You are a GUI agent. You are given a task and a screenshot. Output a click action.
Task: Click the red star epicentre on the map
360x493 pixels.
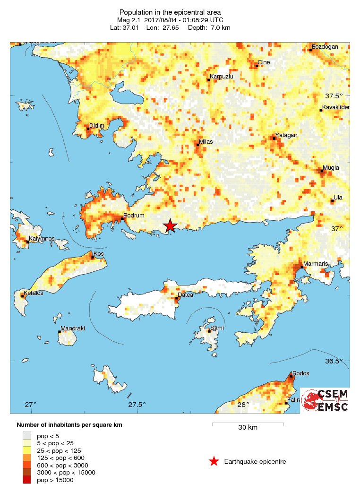pyautogui.click(x=170, y=226)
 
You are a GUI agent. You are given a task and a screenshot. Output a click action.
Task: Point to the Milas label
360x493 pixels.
pyautogui.click(x=206, y=141)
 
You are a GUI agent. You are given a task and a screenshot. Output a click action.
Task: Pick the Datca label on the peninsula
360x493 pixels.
pyautogui.click(x=185, y=295)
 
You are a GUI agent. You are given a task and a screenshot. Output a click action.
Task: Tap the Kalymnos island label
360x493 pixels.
pyautogui.click(x=41, y=239)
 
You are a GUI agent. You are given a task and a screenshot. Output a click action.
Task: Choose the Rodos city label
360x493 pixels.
pyautogui.click(x=301, y=373)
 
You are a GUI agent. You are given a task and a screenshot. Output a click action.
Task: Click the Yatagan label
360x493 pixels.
pyautogui.click(x=286, y=135)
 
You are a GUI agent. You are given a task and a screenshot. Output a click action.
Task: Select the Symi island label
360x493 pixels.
pyautogui.click(x=217, y=328)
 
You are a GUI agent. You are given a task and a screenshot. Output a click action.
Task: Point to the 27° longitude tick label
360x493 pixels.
pyautogui.click(x=31, y=405)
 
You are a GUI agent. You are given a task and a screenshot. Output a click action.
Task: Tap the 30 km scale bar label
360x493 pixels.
pyautogui.click(x=248, y=428)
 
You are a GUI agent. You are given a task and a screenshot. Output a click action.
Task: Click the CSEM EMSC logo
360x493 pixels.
pyautogui.click(x=326, y=400)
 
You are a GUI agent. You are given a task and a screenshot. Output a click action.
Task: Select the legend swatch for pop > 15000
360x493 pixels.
pyautogui.click(x=28, y=480)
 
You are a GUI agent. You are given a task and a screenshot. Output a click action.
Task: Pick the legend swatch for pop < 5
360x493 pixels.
pyautogui.click(x=28, y=435)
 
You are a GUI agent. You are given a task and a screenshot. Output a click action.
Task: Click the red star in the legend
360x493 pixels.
pyautogui.click(x=214, y=461)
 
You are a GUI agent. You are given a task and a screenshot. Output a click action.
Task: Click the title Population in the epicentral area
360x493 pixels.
pyautogui.click(x=170, y=12)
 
